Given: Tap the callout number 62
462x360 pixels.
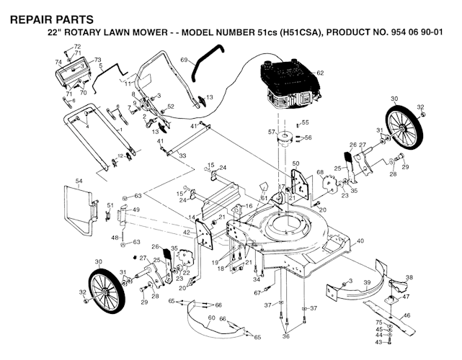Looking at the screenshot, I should [x=320, y=73].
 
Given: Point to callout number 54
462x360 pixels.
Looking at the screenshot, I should [x=79, y=180].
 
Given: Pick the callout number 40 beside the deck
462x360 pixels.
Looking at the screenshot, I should [x=360, y=240].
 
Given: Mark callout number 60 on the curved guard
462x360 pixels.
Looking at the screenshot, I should [x=211, y=318].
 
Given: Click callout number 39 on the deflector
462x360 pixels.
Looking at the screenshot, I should [x=367, y=282].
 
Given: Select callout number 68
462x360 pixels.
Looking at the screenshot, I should [x=319, y=172].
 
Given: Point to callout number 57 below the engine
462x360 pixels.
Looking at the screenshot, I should [x=272, y=132].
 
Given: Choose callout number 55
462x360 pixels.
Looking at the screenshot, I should [x=305, y=123].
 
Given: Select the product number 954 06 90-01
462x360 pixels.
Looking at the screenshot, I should [x=414, y=33].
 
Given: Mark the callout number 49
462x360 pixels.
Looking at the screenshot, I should [x=135, y=210].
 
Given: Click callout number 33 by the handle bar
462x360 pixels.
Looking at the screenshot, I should [x=182, y=156].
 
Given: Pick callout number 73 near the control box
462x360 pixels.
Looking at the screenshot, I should [x=97, y=60].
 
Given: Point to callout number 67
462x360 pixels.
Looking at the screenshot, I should [x=257, y=293].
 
